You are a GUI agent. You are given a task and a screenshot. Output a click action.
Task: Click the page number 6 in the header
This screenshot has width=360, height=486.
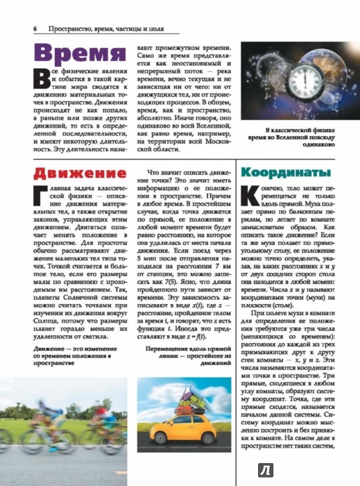(x=34, y=28)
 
